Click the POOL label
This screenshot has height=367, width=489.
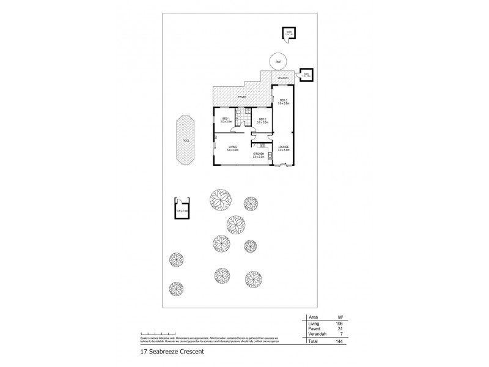coord(185,141)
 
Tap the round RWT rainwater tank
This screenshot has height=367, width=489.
coord(278,62)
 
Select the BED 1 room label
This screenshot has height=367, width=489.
coord(226,120)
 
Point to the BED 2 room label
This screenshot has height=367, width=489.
coord(262,120)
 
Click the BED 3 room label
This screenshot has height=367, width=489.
coord(284,101)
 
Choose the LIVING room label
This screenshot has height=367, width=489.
coord(232,147)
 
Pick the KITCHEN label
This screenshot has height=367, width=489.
coord(259,155)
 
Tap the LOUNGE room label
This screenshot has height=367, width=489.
coord(284,147)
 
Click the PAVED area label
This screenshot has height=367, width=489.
coord(241,97)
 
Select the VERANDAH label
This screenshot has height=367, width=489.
coord(282,78)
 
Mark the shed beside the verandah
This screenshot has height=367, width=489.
coord(305,75)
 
